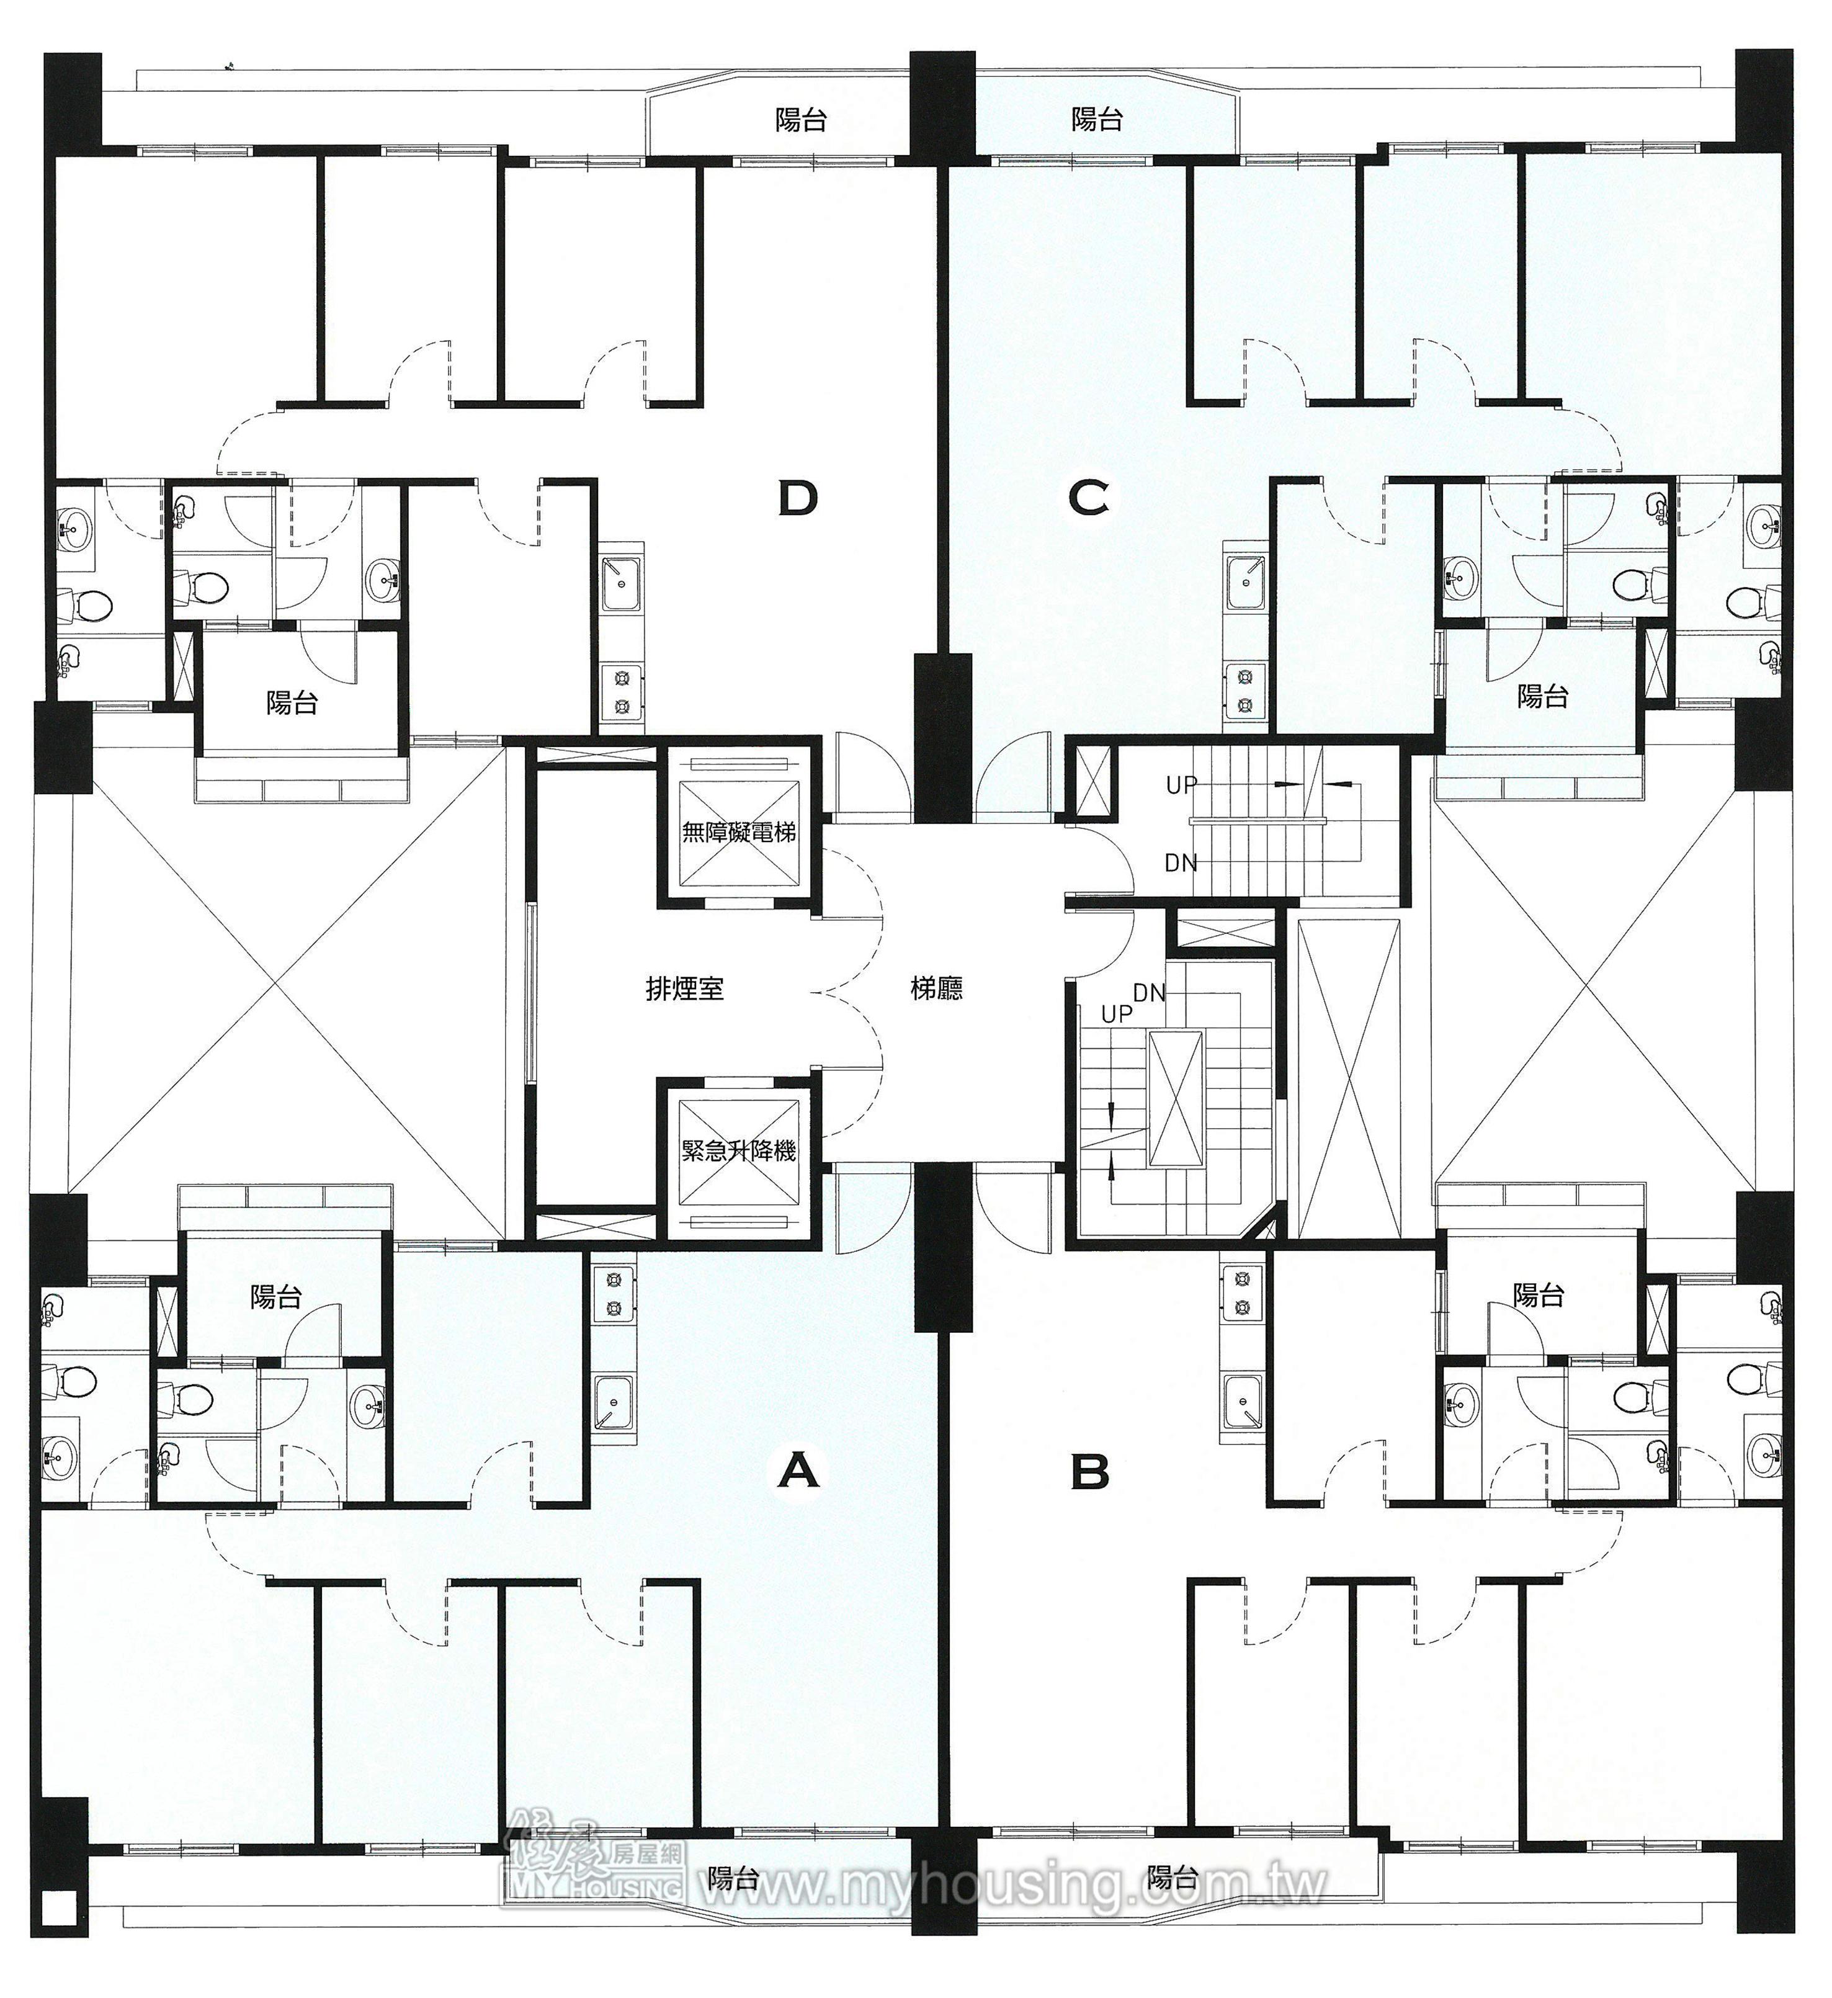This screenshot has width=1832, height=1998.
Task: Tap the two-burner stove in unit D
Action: [622, 692]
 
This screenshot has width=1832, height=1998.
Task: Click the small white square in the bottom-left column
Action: [60, 1905]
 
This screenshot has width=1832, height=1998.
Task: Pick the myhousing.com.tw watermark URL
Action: [1011, 1883]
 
